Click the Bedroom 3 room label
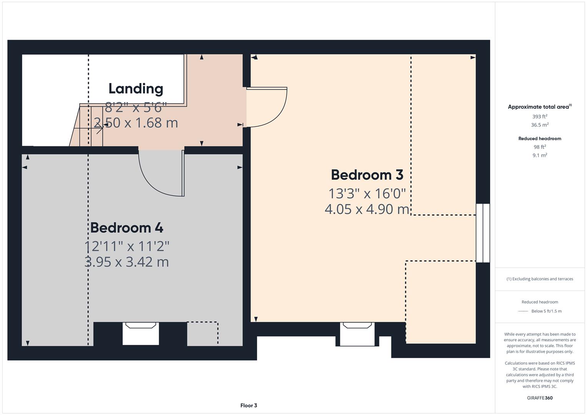[x=367, y=175]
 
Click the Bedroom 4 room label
[x=126, y=228]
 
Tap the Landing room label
[x=136, y=88]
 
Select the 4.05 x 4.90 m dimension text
[x=367, y=209]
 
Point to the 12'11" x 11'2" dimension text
[x=126, y=246]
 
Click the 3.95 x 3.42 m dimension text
[x=126, y=262]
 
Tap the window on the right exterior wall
[x=483, y=233]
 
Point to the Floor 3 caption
[x=249, y=405]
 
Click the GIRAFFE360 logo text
[x=540, y=398]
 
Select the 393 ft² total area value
[x=540, y=116]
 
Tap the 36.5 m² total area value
[x=540, y=125]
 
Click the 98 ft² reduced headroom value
[x=540, y=147]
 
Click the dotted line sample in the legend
[x=523, y=311]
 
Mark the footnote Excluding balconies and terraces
[x=540, y=279]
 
